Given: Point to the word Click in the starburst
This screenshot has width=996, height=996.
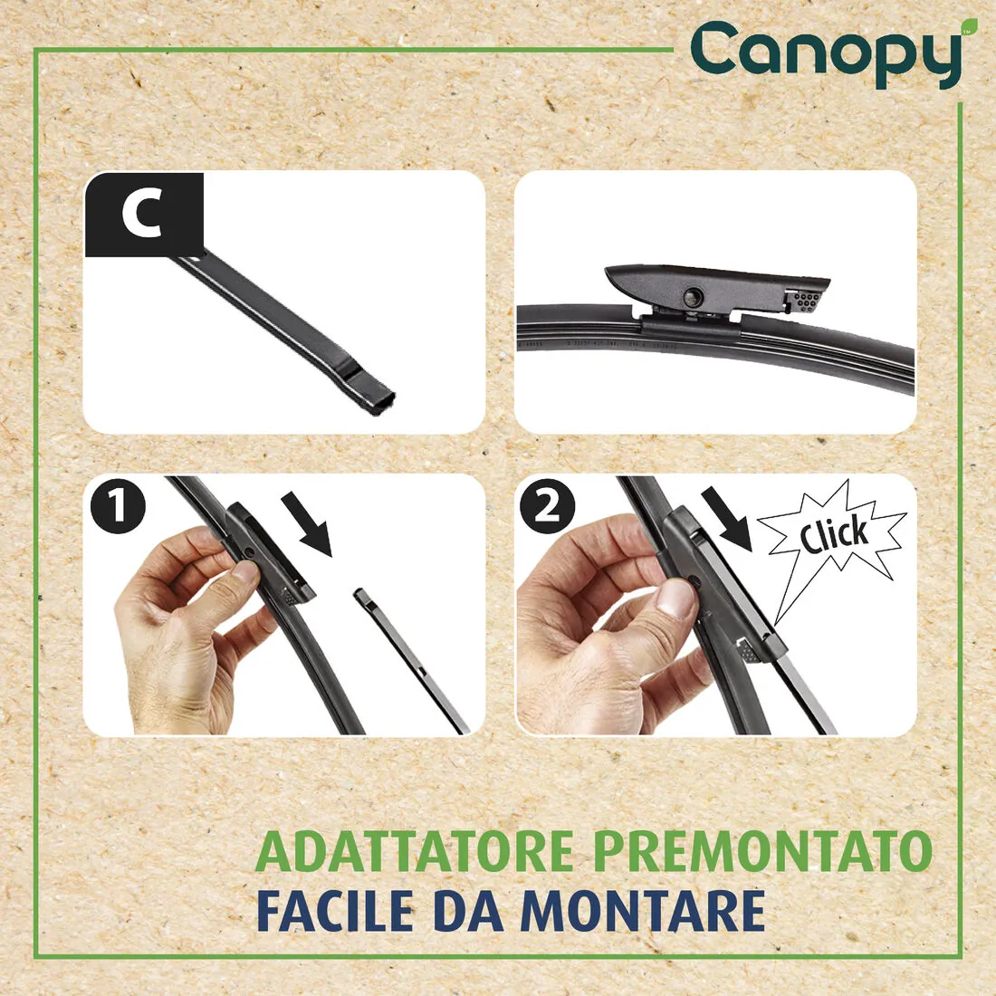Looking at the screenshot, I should point(833,533).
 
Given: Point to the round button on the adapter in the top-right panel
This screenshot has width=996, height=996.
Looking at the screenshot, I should point(694,295).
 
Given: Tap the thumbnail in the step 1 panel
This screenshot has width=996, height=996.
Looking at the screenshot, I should point(244,573).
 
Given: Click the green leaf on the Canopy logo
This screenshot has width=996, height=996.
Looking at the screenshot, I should point(969,25).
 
